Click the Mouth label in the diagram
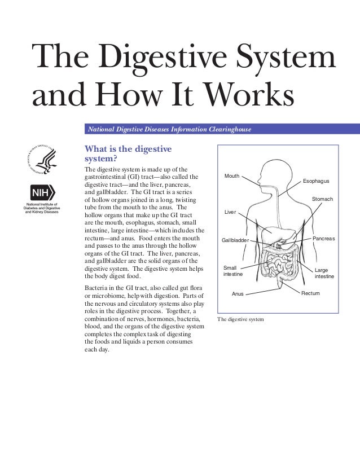[x=232, y=177]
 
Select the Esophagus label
[x=316, y=181]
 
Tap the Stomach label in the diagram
[x=322, y=199]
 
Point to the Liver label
[x=230, y=212]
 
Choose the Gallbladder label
[x=235, y=240]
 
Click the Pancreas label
[x=323, y=239]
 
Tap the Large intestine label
[x=324, y=274]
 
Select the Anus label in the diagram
[x=238, y=294]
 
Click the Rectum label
[x=310, y=293]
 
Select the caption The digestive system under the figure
[x=240, y=319]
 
